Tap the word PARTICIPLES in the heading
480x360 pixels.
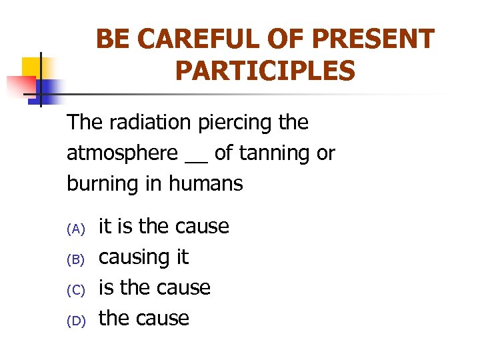(x=265, y=71)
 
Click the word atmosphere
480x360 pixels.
(x=122, y=153)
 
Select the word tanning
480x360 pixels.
(x=273, y=154)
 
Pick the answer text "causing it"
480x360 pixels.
(x=143, y=257)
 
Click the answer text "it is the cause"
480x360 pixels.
(x=163, y=227)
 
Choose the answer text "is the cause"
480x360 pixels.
(x=154, y=288)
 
